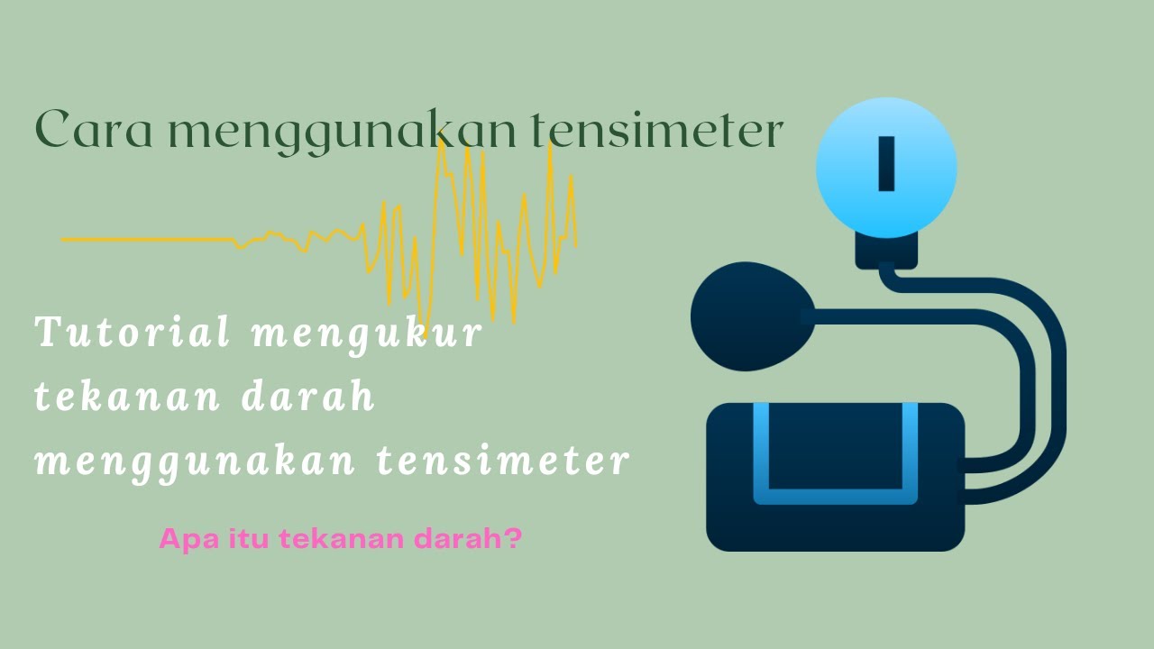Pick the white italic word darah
coord(308,398)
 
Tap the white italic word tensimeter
coord(502,461)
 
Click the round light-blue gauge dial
coord(885,169)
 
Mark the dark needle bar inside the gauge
coord(886,164)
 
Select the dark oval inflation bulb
coord(745,316)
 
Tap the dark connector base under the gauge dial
coord(886,251)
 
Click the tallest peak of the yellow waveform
coord(441,144)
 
